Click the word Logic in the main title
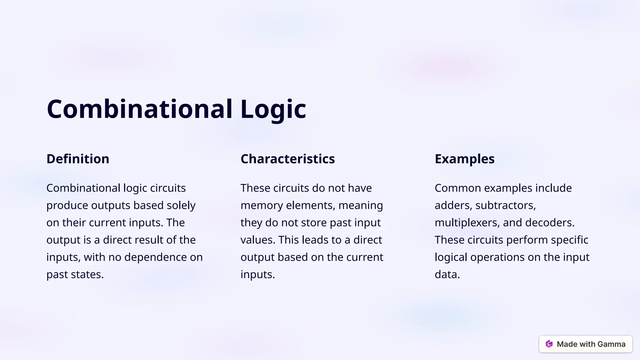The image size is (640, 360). click(273, 109)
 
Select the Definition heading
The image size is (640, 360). click(78, 159)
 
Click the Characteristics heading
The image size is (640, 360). click(287, 159)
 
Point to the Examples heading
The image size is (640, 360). click(464, 159)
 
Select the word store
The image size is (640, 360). click(312, 222)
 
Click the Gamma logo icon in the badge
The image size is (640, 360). click(549, 344)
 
